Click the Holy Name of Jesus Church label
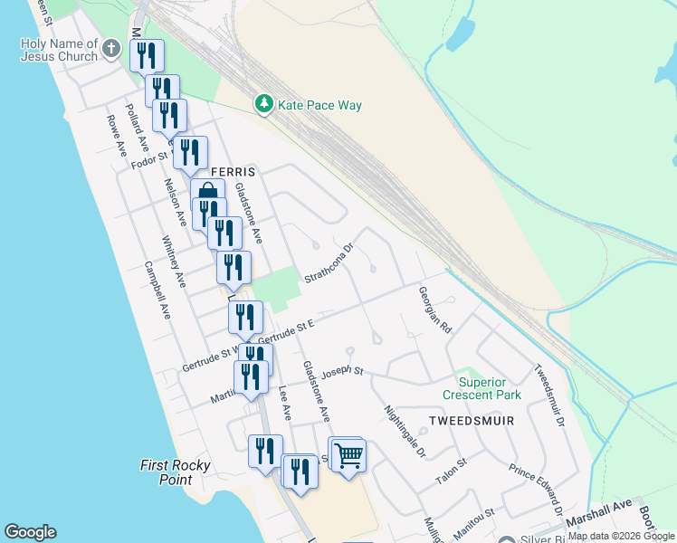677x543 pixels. pyautogui.click(x=59, y=50)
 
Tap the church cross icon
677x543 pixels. pyautogui.click(x=111, y=49)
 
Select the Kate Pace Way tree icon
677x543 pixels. pyautogui.click(x=263, y=105)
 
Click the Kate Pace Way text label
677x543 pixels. pyautogui.click(x=319, y=106)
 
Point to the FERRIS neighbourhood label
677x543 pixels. pyautogui.click(x=234, y=171)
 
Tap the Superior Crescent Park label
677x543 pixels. pyautogui.click(x=482, y=388)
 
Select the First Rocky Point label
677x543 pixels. pyautogui.click(x=176, y=472)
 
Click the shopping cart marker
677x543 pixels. pyautogui.click(x=348, y=456)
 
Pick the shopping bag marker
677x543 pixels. pyautogui.click(x=207, y=193)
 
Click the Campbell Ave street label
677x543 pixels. pyautogui.click(x=157, y=291)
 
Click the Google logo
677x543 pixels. pyautogui.click(x=30, y=532)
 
